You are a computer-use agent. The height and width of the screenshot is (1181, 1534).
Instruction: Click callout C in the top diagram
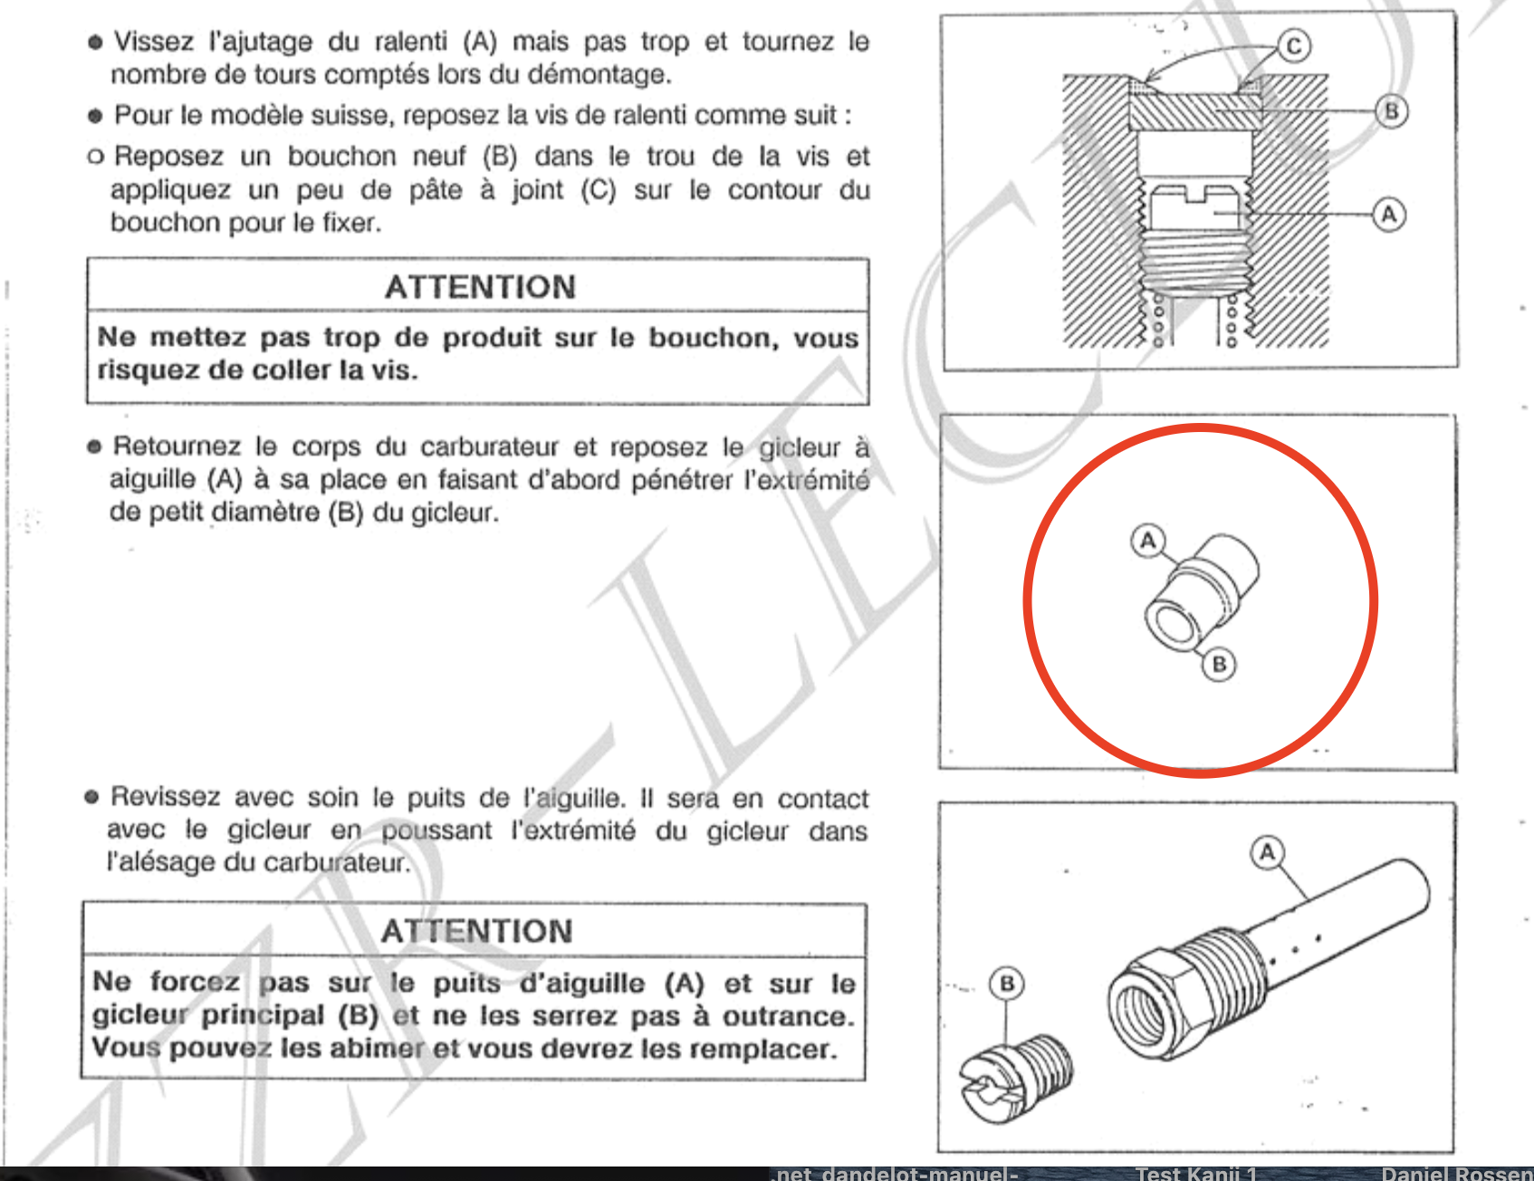pyautogui.click(x=1294, y=46)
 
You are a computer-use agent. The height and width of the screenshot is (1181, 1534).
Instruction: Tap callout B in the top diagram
pyautogui.click(x=1391, y=111)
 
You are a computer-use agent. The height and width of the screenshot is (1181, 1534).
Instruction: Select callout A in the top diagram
pyautogui.click(x=1389, y=216)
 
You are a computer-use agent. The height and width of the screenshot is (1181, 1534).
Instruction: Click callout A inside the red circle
pyautogui.click(x=1148, y=541)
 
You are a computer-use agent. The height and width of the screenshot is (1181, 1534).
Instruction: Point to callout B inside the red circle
pyautogui.click(x=1219, y=665)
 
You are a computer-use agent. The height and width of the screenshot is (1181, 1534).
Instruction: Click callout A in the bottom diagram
pyautogui.click(x=1267, y=852)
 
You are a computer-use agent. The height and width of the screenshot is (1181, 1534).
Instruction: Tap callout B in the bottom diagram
pyautogui.click(x=1006, y=984)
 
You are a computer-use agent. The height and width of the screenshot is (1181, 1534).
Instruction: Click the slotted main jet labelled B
pyautogui.click(x=1015, y=1078)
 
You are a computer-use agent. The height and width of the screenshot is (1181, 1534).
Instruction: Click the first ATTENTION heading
pyautogui.click(x=480, y=287)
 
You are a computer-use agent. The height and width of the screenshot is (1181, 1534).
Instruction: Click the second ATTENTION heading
pyautogui.click(x=476, y=931)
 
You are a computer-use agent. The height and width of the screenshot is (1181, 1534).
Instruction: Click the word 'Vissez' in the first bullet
pyautogui.click(x=154, y=42)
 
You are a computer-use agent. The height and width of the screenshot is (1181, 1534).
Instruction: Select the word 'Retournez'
pyautogui.click(x=177, y=446)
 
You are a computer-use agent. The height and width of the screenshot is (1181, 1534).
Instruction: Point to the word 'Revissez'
pyautogui.click(x=165, y=797)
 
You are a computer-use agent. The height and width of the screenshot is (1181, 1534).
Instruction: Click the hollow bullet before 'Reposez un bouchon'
pyautogui.click(x=95, y=158)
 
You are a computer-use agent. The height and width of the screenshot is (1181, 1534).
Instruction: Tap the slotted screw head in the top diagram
pyautogui.click(x=1195, y=207)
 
